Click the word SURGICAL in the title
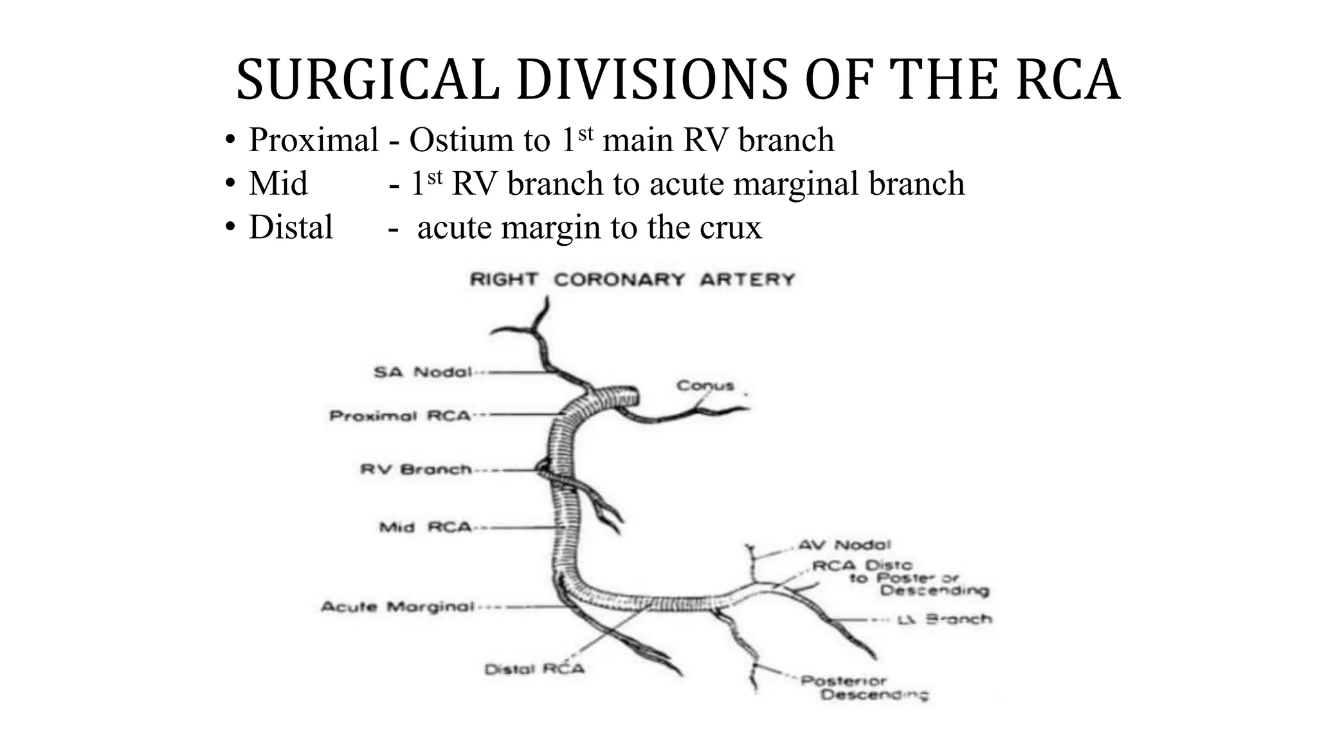[x=367, y=80]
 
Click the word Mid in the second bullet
[x=278, y=183]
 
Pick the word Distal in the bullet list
[x=291, y=227]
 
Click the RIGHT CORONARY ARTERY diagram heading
[x=632, y=280]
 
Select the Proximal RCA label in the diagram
[x=400, y=416]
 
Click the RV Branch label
[x=415, y=470]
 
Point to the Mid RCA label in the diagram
[x=425, y=528]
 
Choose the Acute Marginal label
[x=397, y=607]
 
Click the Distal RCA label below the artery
[x=534, y=670]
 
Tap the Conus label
[x=705, y=385]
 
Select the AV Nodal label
[x=844, y=545]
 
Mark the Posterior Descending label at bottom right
[x=864, y=688]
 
